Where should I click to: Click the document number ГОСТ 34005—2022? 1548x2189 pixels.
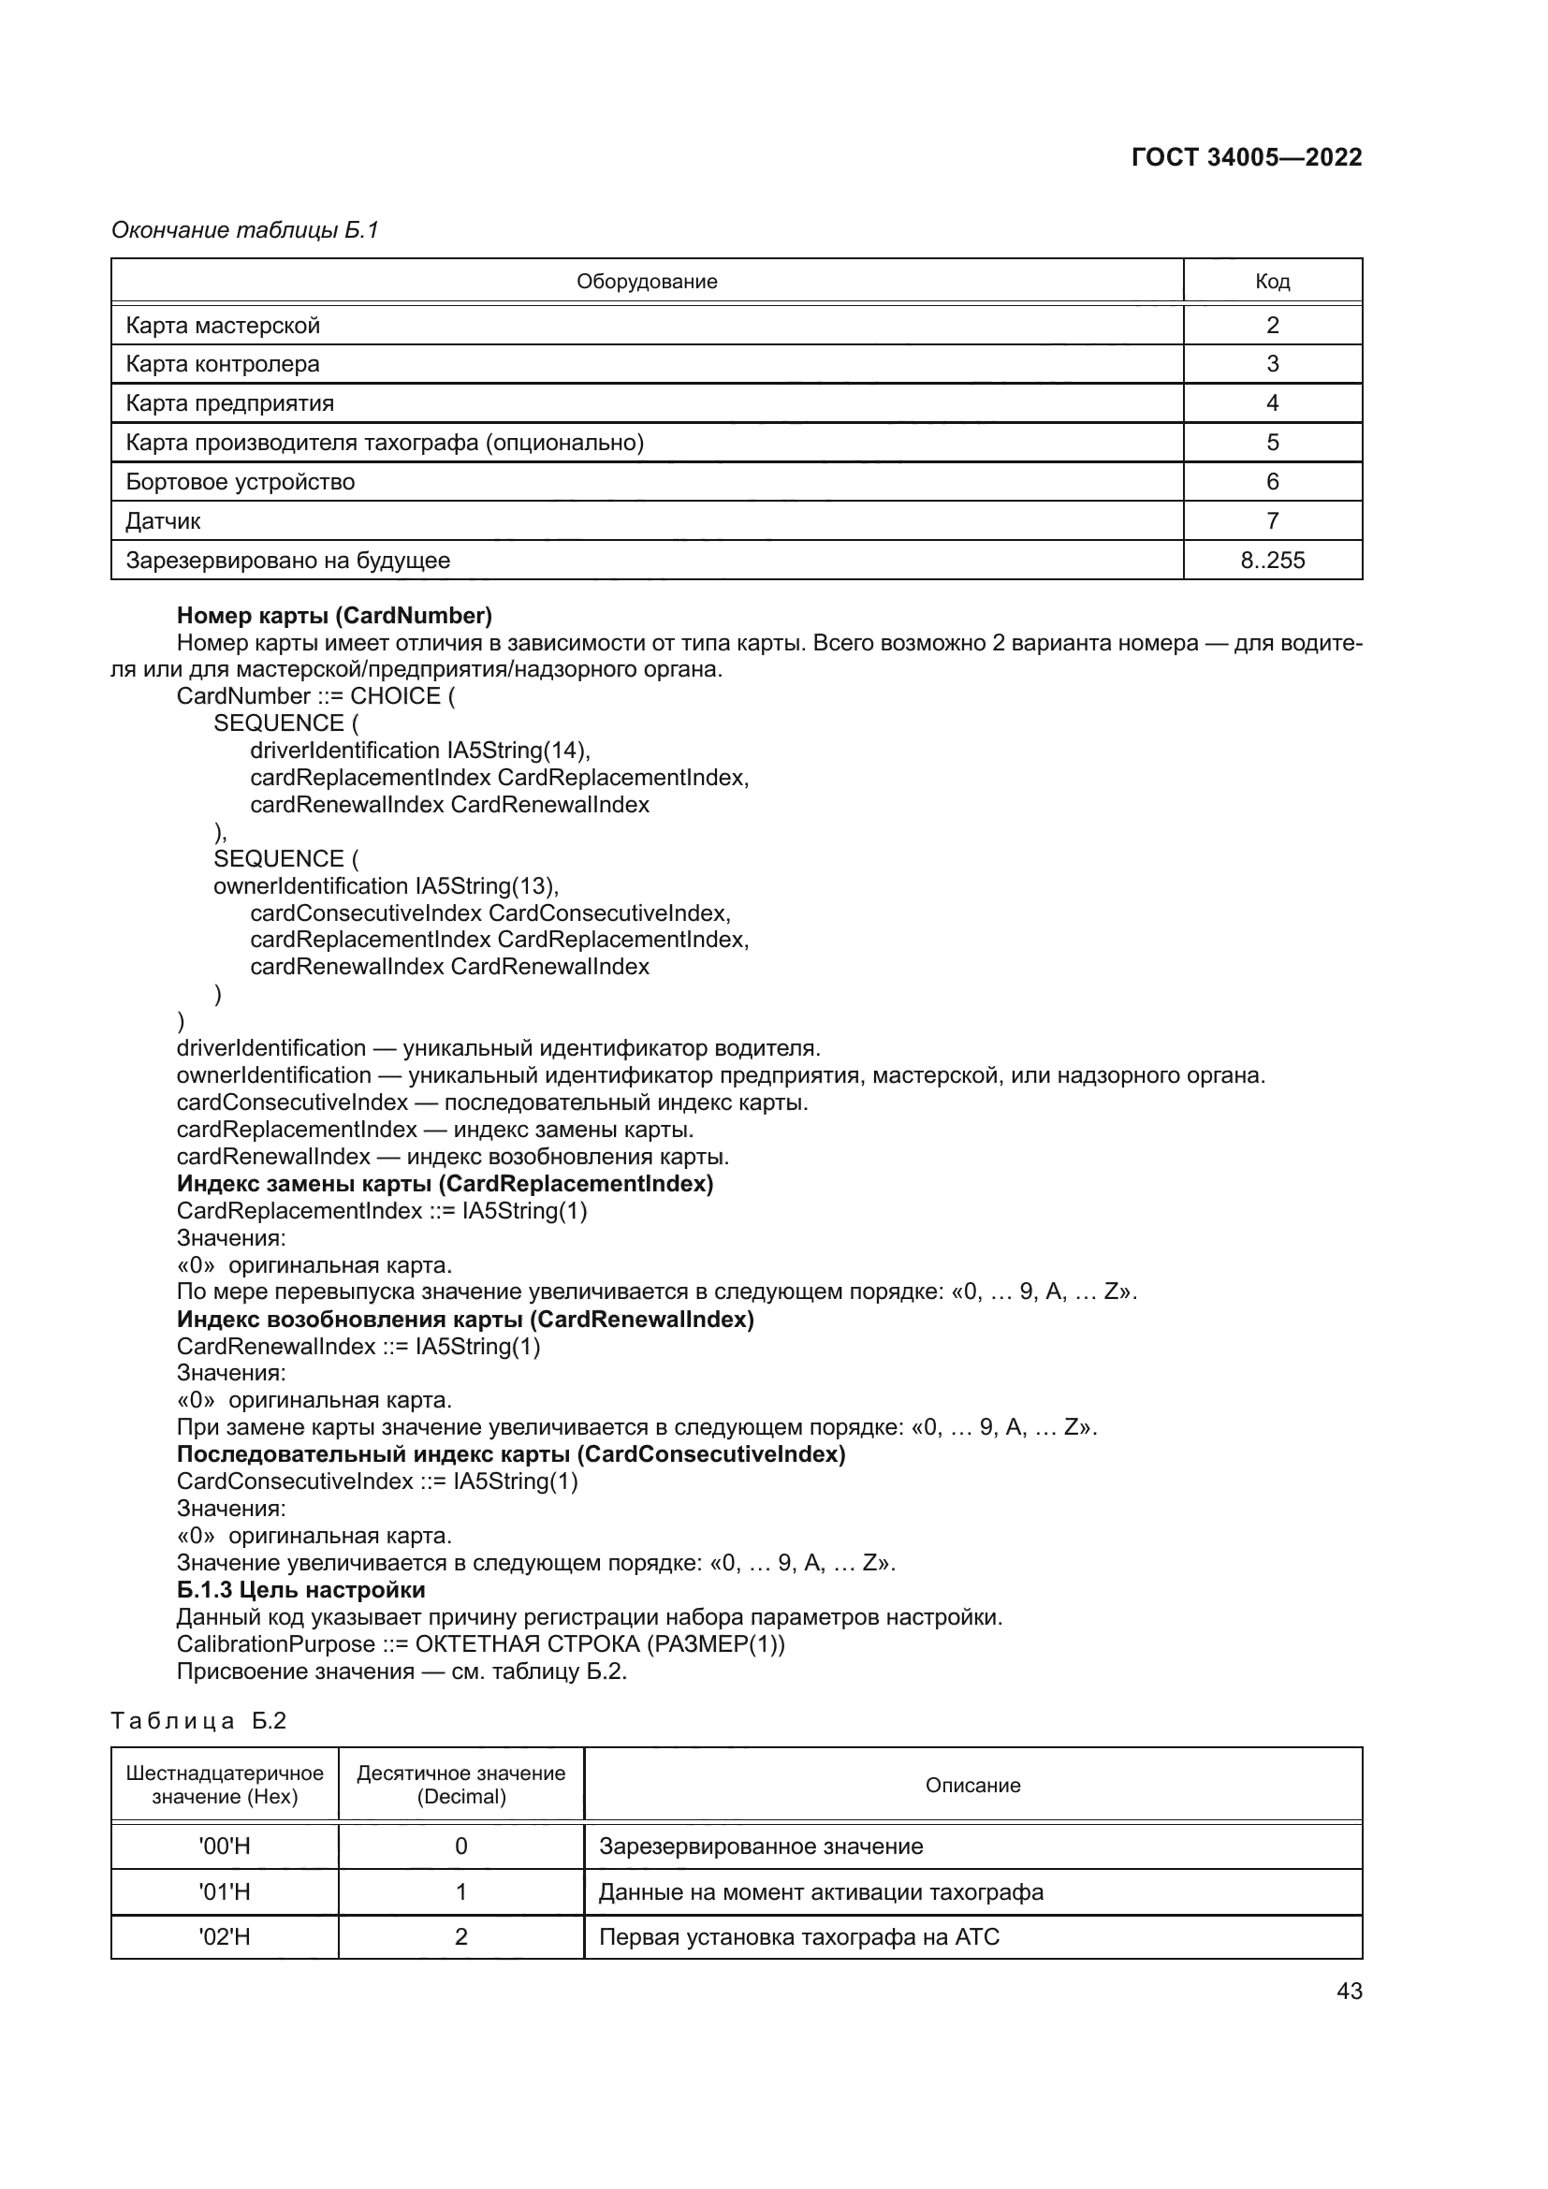(1246, 157)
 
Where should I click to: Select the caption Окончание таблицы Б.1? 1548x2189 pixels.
(245, 230)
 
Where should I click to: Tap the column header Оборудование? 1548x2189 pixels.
(647, 282)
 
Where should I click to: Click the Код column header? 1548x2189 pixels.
(1272, 282)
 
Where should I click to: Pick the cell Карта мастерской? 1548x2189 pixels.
(223, 326)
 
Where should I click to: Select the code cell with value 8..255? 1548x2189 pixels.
(1272, 561)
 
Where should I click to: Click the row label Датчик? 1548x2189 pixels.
(163, 521)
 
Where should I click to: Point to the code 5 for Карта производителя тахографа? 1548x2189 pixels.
(1272, 443)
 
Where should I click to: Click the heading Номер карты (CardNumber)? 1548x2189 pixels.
(334, 616)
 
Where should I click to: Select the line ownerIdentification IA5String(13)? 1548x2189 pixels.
(386, 885)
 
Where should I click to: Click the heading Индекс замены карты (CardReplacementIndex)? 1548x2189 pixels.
(445, 1184)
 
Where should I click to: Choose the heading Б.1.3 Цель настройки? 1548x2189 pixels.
(301, 1590)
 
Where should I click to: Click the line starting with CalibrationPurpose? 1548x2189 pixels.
(480, 1644)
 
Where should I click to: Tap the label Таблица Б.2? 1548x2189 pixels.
(198, 1721)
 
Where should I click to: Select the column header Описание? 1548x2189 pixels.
(972, 1786)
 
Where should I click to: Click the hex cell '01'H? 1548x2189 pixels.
(225, 1892)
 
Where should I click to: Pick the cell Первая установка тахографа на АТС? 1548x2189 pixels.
(798, 1937)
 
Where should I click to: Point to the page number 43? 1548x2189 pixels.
(1349, 1991)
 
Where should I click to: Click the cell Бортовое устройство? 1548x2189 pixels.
(241, 482)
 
